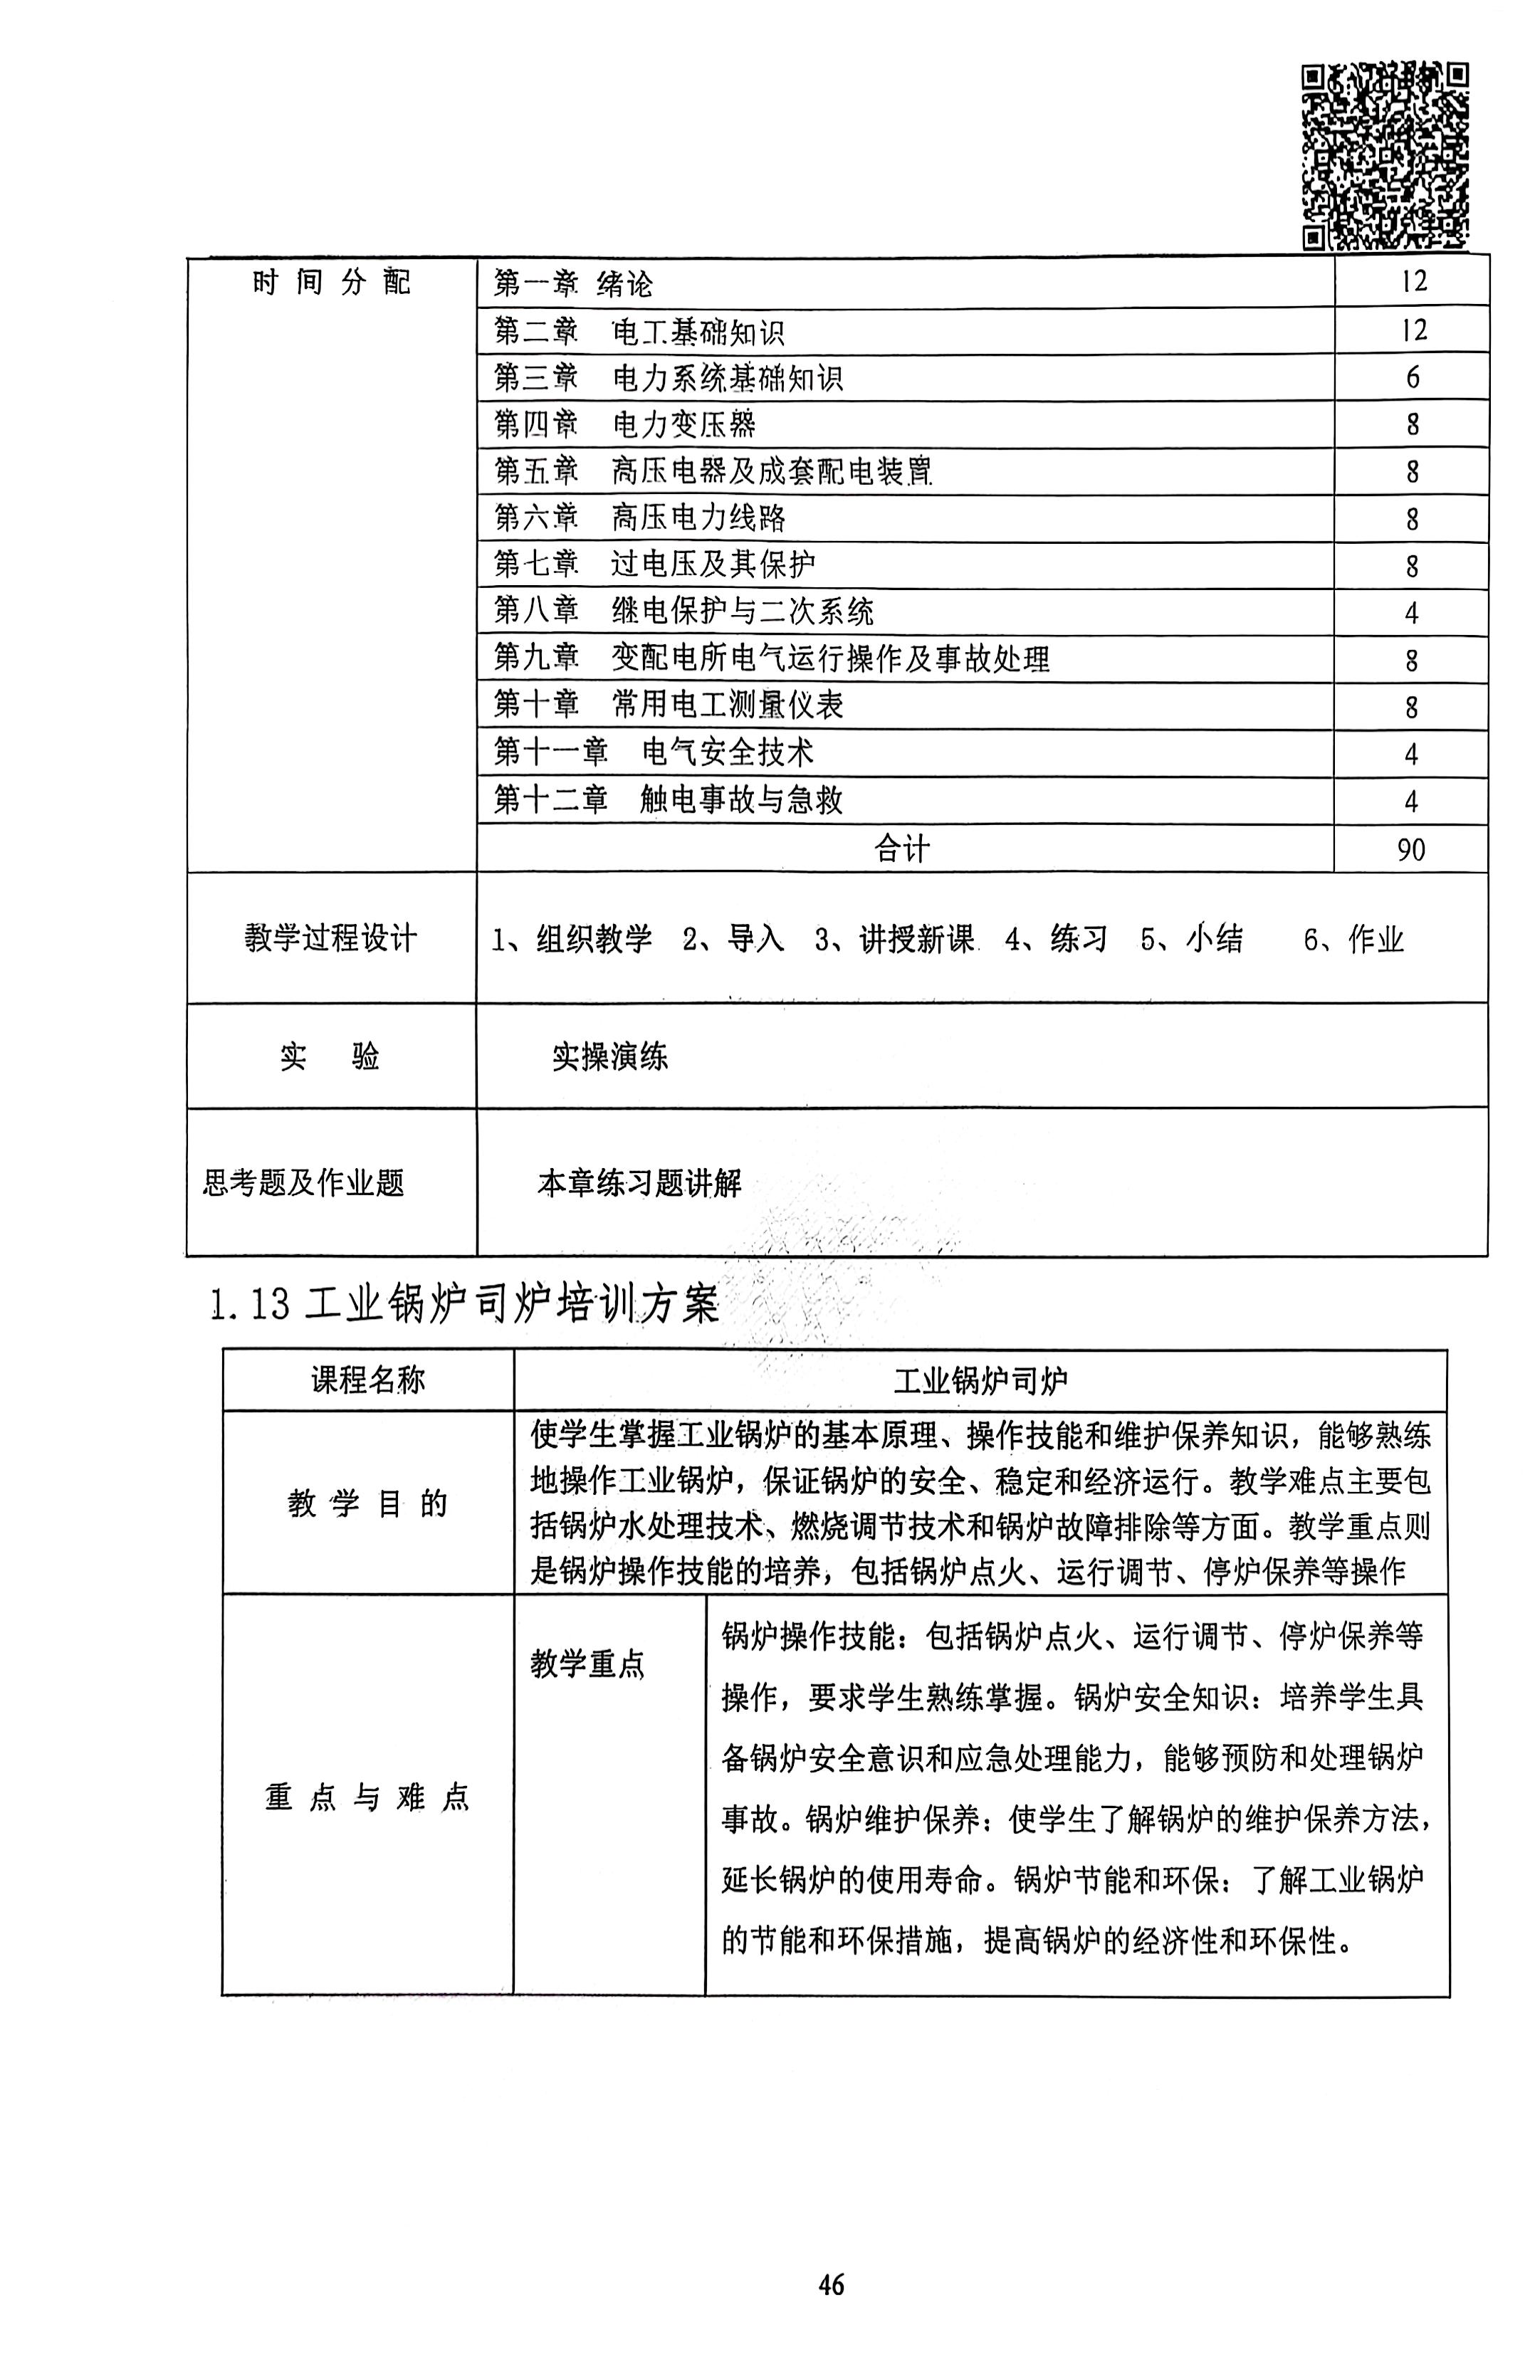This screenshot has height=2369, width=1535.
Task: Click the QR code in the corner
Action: pos(1385,154)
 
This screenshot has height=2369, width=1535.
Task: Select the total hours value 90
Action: pos(1410,849)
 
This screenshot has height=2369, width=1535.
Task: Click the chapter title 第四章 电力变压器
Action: pos(625,425)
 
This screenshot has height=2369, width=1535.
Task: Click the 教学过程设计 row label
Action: pos(330,937)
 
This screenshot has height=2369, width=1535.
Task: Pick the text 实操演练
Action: pos(609,1056)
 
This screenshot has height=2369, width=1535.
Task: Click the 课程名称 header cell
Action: pos(367,1380)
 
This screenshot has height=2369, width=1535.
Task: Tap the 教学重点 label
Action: pos(587,1662)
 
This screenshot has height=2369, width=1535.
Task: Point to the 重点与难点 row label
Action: pos(367,1797)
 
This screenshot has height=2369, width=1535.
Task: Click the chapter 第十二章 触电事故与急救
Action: pos(668,800)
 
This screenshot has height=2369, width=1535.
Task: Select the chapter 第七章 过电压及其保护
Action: pos(654,564)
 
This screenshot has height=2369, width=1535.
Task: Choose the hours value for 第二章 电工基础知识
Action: pos(1413,330)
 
